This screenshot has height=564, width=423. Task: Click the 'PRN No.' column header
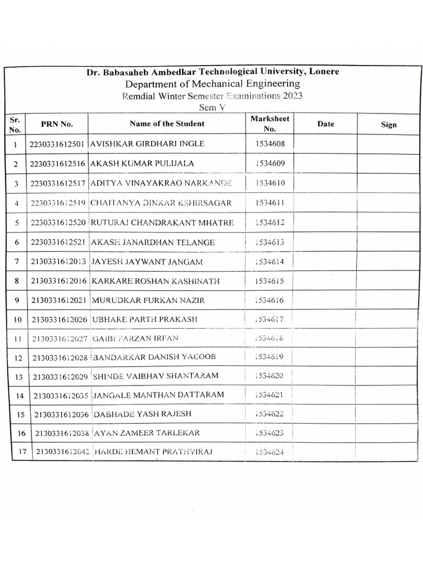pyautogui.click(x=57, y=124)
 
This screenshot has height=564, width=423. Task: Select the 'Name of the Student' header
pyautogui.click(x=167, y=124)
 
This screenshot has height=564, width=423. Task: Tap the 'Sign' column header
pyautogui.click(x=388, y=124)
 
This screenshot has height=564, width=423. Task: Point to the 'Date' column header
pyautogui.click(x=326, y=124)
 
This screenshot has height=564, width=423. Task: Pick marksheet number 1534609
pyautogui.click(x=270, y=164)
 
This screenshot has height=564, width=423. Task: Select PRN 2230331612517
pyautogui.click(x=57, y=183)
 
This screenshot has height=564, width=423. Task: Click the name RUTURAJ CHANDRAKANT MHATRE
pyautogui.click(x=162, y=223)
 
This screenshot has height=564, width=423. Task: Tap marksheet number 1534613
pyautogui.click(x=270, y=242)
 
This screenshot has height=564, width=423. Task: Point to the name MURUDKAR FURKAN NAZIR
pyautogui.click(x=148, y=301)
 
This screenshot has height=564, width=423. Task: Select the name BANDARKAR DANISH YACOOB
pyautogui.click(x=154, y=357)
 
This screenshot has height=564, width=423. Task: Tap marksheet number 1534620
pyautogui.click(x=270, y=376)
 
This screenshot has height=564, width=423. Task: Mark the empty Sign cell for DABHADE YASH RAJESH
pyautogui.click(x=388, y=414)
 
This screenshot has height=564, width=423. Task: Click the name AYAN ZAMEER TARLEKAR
pyautogui.click(x=147, y=433)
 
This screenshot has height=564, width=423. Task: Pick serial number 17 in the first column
pyautogui.click(x=22, y=453)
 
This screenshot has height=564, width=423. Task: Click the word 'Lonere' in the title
pyautogui.click(x=324, y=72)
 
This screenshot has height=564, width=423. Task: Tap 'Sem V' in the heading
pyautogui.click(x=212, y=107)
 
